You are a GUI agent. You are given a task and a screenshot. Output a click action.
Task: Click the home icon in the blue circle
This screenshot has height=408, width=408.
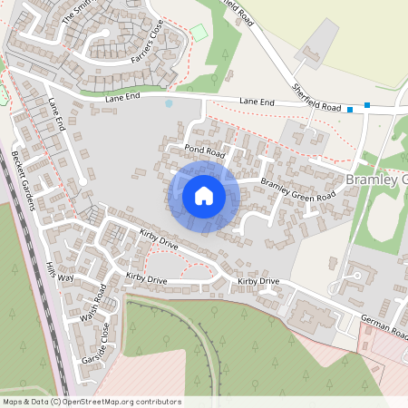pyautogui.click(x=204, y=196)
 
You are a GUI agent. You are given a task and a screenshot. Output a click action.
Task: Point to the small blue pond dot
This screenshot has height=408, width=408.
pyautogui.click(x=168, y=103)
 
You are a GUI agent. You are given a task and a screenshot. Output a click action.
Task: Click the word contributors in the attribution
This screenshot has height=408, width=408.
pyautogui.click(x=157, y=402)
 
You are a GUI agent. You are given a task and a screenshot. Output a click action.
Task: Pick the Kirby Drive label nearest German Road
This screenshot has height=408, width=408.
pyautogui.click(x=258, y=282)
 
